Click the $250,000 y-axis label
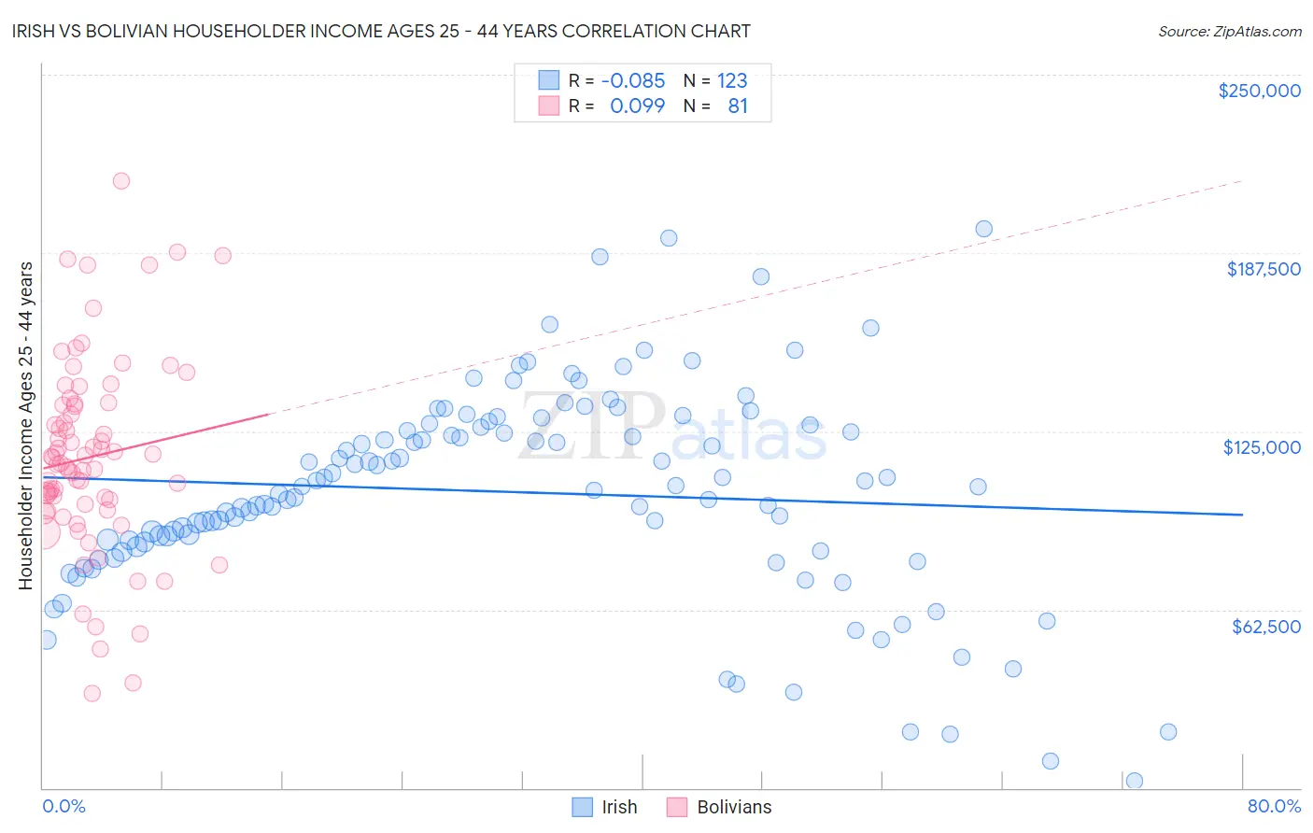tap(1259, 91)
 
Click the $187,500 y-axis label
tap(1264, 269)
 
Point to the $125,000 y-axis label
tap(1262, 447)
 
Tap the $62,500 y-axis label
tap(1266, 627)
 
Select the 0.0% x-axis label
tap(64, 806)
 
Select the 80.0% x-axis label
tap(1274, 806)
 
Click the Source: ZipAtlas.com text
tap(1229, 32)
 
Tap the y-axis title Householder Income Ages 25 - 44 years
tap(25, 426)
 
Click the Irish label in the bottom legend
tap(619, 807)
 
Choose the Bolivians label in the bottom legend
tap(734, 807)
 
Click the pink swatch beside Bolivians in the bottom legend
tap(677, 807)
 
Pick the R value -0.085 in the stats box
tap(633, 80)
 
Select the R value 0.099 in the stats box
tap(637, 106)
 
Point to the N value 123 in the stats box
tap(732, 80)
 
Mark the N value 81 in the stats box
tap(738, 106)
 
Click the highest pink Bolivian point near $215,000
tap(120, 181)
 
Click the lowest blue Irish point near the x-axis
tap(1135, 781)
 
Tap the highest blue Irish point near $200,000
tap(983, 229)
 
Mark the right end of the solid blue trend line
tap(1242, 515)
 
